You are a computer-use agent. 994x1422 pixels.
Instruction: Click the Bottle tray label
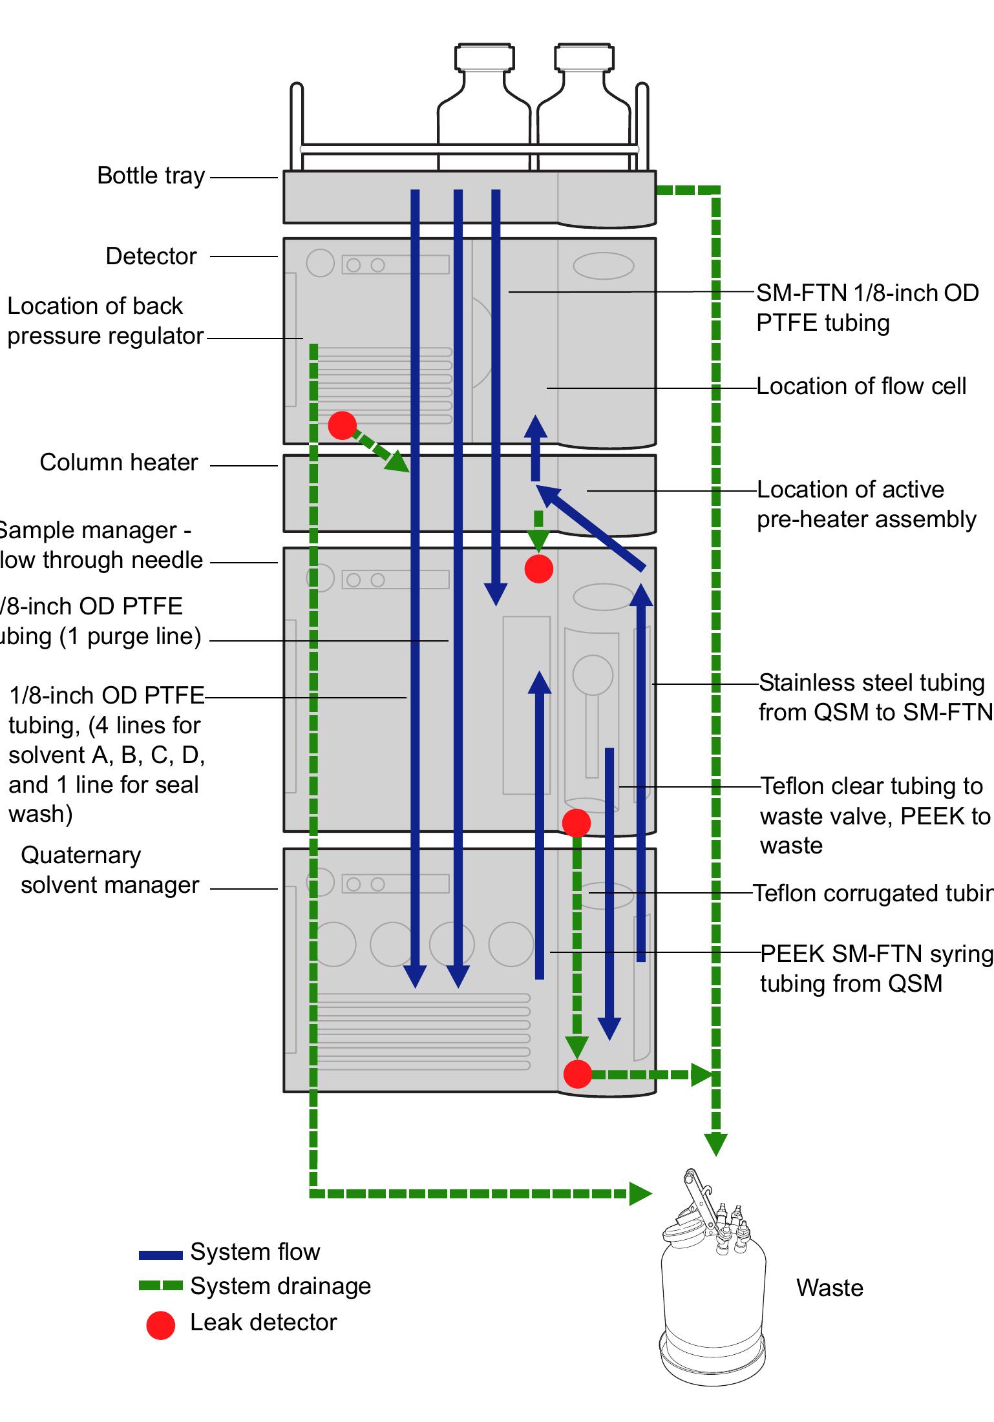pos(151,176)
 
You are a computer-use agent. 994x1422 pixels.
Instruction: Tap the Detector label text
pos(151,256)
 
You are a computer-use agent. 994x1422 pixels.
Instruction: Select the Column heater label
pos(118,463)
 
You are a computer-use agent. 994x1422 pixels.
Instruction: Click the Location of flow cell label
pos(861,386)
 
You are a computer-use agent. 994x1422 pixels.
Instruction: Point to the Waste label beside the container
pos(829,1288)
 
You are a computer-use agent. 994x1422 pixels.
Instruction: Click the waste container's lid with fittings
pos(711,1218)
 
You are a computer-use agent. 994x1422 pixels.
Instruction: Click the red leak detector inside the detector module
pos(342,425)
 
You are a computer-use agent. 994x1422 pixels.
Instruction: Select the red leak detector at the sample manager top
pos(538,569)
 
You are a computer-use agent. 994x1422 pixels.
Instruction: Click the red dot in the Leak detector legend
pos(160,1324)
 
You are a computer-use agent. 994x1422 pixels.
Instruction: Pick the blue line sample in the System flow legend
pos(160,1255)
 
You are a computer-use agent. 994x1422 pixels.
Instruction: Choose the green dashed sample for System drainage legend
pos(160,1286)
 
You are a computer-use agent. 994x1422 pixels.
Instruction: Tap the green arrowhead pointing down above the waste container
pos(715,1144)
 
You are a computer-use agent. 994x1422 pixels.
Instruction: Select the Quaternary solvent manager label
pos(110,870)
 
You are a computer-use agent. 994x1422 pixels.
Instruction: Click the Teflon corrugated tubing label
pos(872,894)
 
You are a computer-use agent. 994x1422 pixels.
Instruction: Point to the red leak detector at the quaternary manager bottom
pos(577,1074)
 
